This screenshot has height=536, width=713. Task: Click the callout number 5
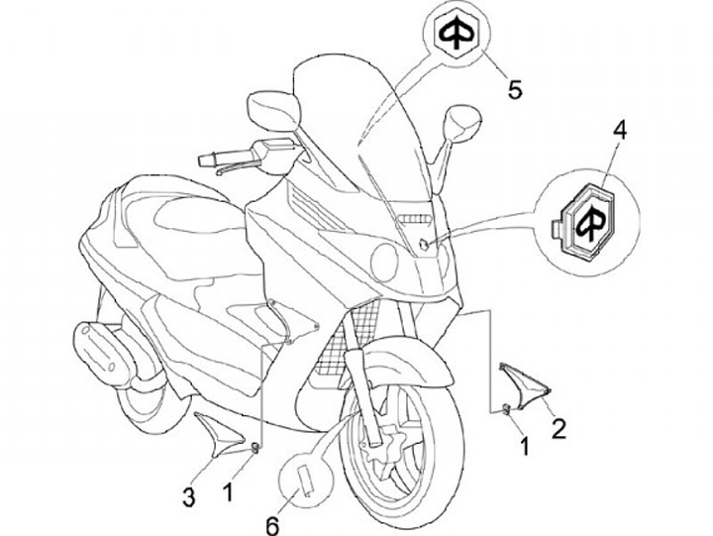pyautogui.click(x=514, y=88)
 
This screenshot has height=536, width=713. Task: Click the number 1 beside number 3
pyautogui.click(x=229, y=489)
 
